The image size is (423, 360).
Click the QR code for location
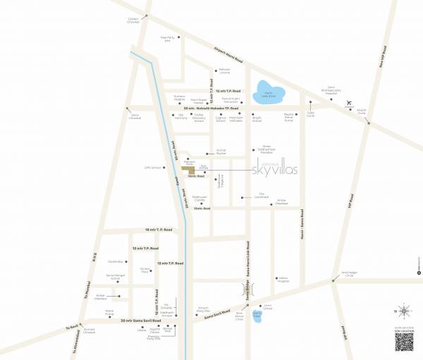point(404,341)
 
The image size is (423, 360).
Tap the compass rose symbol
point(403,310)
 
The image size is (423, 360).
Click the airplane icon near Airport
point(350,104)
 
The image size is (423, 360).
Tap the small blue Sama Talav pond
point(257,316)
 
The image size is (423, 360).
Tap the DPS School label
point(149,167)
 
